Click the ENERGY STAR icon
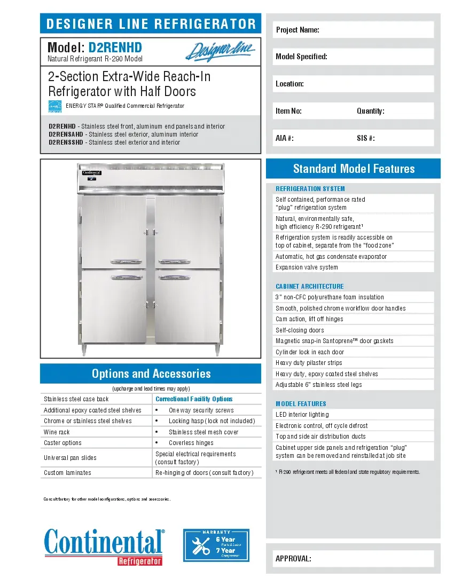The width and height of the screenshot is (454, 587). (x=55, y=106)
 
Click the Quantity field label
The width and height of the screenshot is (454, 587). (x=370, y=111)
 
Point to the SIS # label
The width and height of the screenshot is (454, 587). (x=365, y=138)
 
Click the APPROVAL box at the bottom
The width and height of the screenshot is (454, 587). (x=353, y=559)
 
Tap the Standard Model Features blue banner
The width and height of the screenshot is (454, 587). (x=353, y=169)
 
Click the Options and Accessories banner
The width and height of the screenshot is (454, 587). (x=151, y=374)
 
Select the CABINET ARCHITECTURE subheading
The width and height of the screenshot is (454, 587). (x=309, y=287)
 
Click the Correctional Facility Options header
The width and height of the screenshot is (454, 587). (x=194, y=399)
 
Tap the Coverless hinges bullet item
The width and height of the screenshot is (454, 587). (x=191, y=443)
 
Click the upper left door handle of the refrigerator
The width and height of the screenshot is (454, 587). (x=127, y=261)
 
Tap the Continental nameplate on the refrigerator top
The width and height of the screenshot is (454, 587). (x=91, y=173)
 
